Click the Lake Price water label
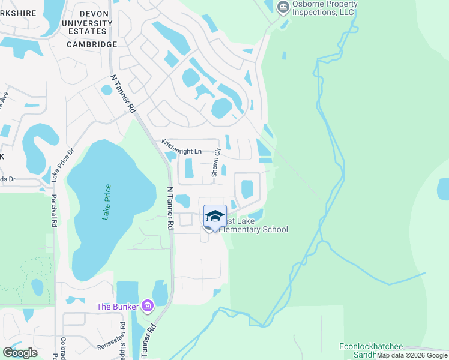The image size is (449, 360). pyautogui.click(x=107, y=202)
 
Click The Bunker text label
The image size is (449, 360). pyautogui.click(x=118, y=307)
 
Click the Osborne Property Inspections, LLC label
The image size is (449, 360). pyautogui.click(x=325, y=8)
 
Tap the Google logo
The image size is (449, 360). pyautogui.click(x=20, y=353)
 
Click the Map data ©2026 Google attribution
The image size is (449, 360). pyautogui.click(x=412, y=355)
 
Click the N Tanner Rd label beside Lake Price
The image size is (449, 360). pyautogui.click(x=170, y=208)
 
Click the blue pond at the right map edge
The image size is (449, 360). pyautogui.click(x=443, y=189)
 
